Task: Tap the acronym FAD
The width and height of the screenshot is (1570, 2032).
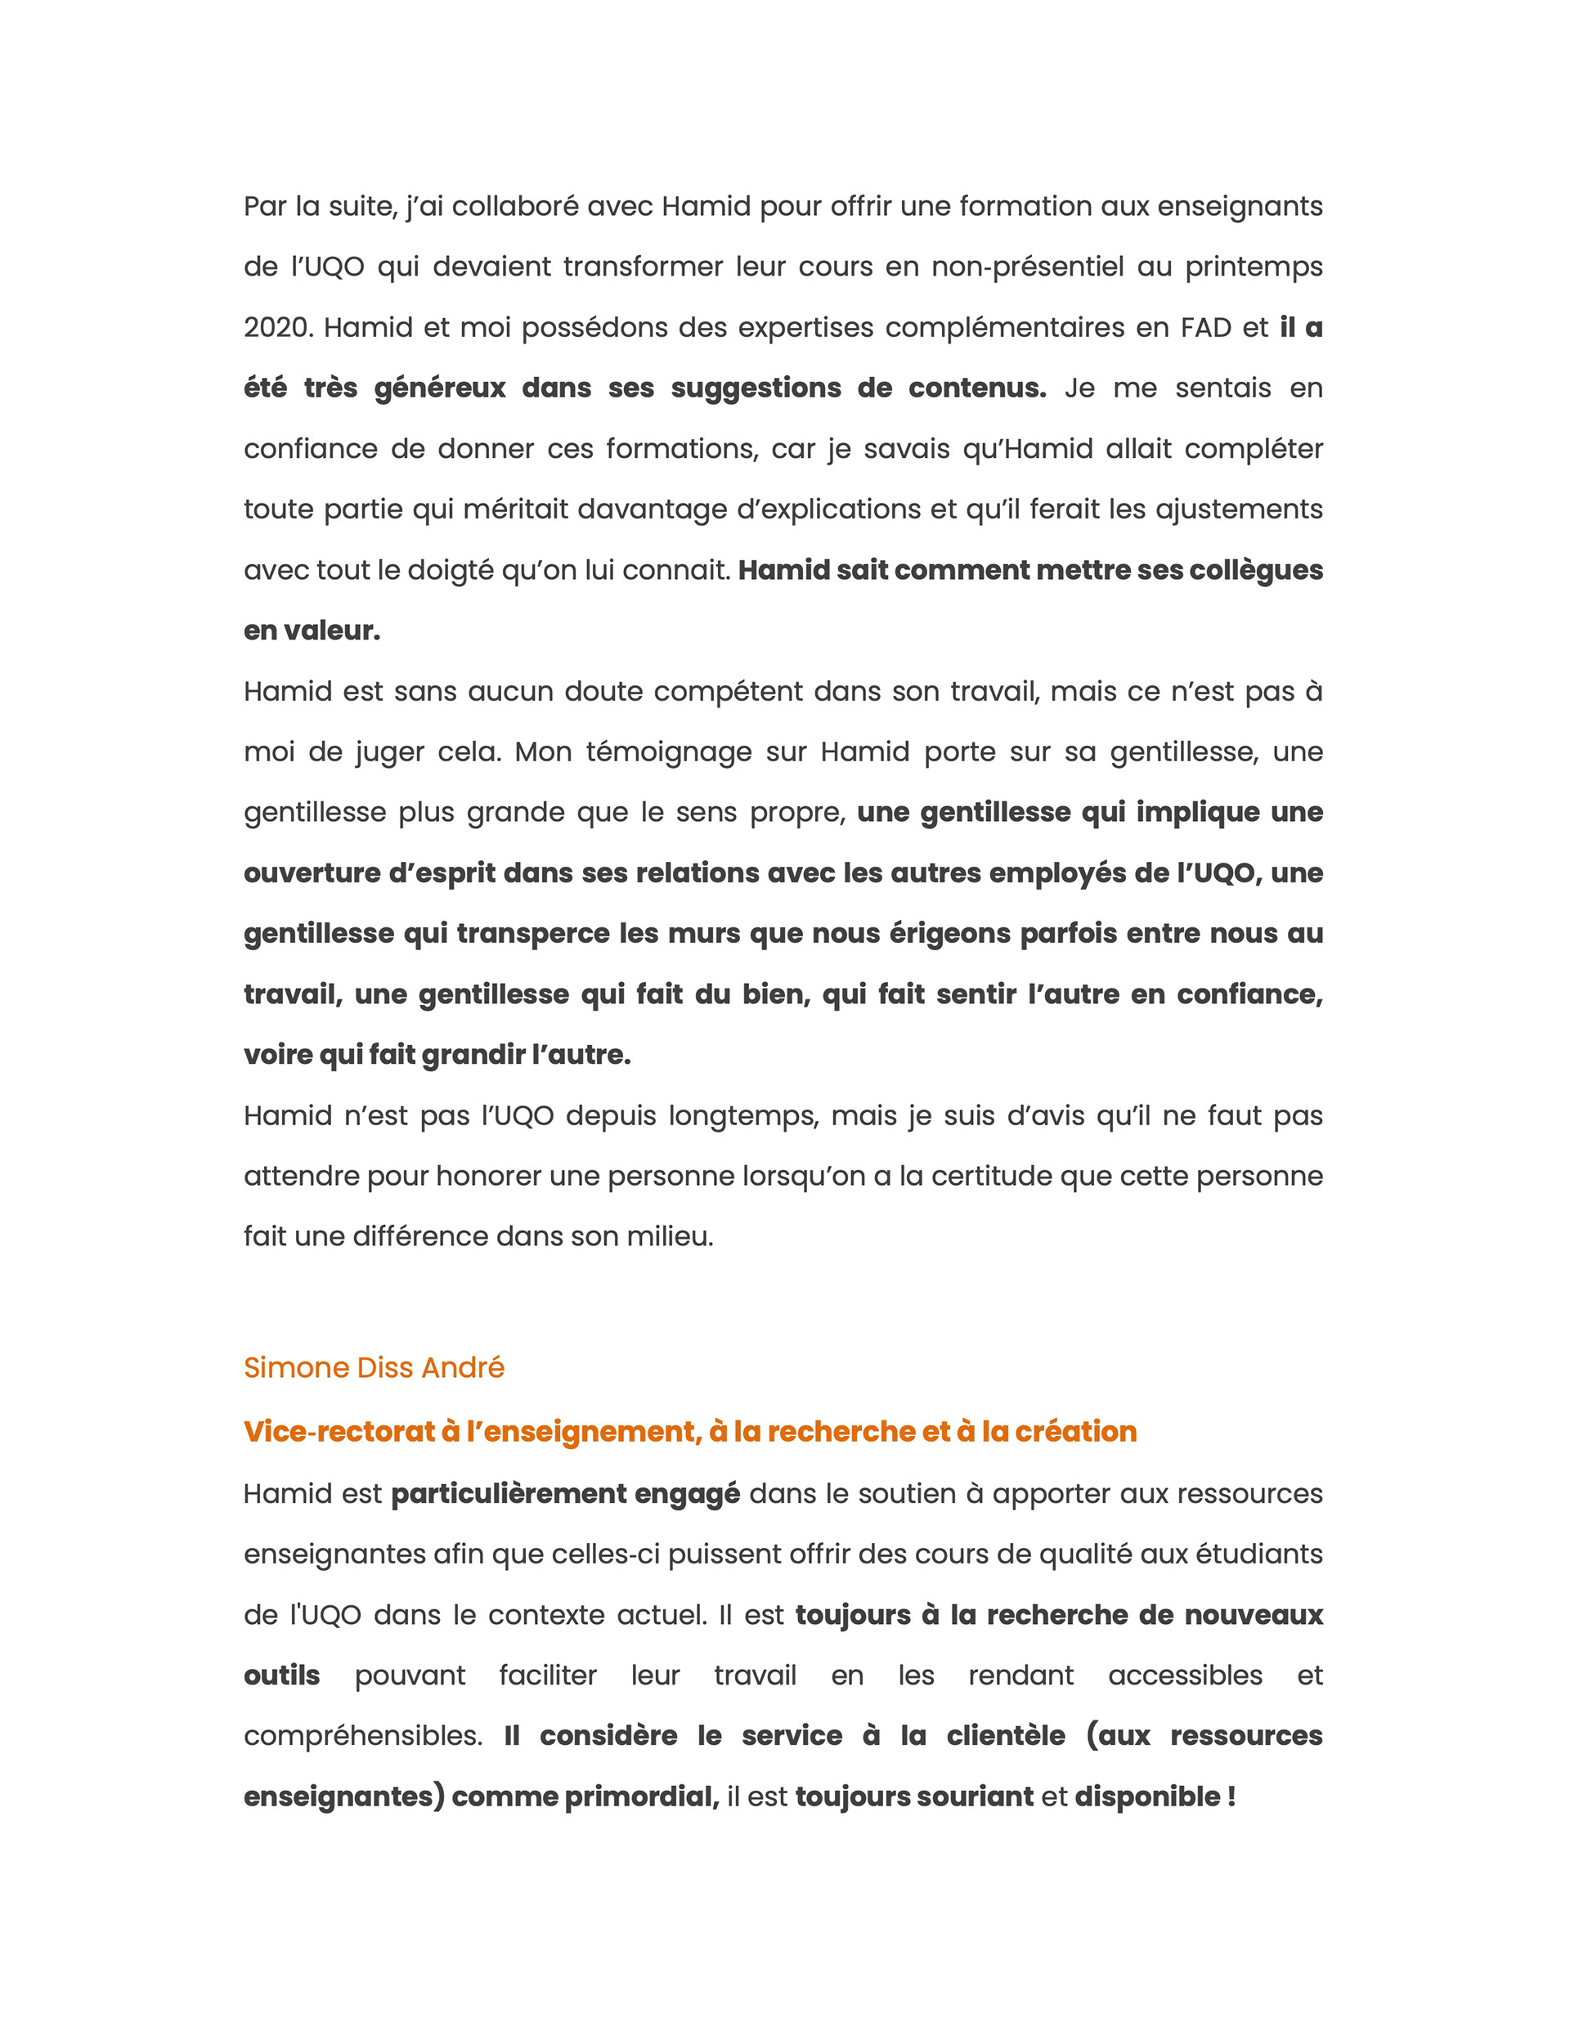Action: tap(1206, 328)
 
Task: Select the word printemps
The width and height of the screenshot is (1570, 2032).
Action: tap(1253, 267)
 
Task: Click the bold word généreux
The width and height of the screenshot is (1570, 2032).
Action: tap(439, 388)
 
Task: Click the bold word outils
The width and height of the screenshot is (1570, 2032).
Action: tap(282, 1675)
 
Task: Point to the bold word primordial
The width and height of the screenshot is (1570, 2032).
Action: tap(641, 1797)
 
